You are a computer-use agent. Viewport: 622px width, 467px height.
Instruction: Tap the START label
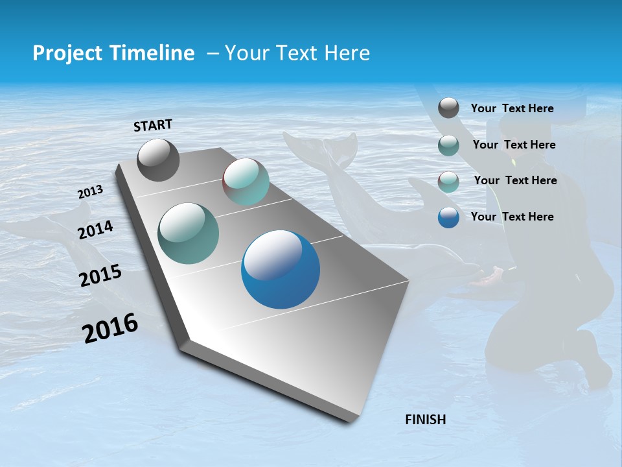pos(153,125)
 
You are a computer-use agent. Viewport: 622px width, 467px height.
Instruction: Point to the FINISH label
pos(425,420)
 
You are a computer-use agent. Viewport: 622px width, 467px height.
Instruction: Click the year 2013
pos(90,192)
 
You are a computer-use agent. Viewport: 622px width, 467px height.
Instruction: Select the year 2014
pos(95,230)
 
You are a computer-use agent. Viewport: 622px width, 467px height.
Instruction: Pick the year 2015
pos(100,276)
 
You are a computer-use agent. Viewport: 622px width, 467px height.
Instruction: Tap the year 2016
pos(110,328)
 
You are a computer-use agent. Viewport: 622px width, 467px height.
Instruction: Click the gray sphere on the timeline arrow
pos(158,160)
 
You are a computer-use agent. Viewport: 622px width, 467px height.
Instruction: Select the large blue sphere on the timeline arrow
pos(281,269)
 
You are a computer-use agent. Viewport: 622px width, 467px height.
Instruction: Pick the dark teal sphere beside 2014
pos(188,233)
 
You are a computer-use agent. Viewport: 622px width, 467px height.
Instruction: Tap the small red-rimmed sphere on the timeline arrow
pos(246,182)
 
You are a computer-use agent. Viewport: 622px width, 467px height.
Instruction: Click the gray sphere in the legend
pos(448,108)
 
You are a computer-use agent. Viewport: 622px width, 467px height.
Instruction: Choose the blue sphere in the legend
pos(448,217)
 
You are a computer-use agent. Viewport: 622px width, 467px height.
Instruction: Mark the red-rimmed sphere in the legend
pos(448,181)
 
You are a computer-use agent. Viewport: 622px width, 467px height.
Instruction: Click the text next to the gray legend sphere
pos(512,108)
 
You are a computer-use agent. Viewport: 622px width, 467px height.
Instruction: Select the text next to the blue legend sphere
pos(512,217)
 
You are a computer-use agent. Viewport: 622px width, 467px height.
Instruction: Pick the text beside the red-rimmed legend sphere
pos(515,180)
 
